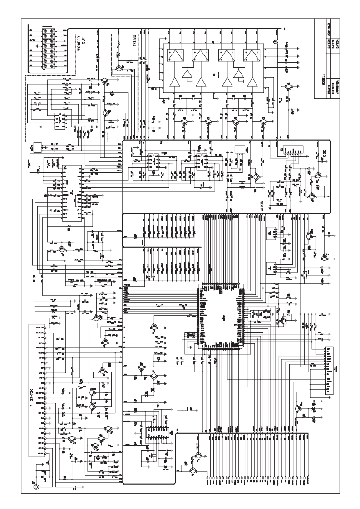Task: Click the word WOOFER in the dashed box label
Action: [78, 45]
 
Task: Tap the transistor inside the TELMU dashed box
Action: [119, 68]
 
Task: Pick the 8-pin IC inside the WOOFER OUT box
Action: [58, 121]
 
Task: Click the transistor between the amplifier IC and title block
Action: [288, 87]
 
